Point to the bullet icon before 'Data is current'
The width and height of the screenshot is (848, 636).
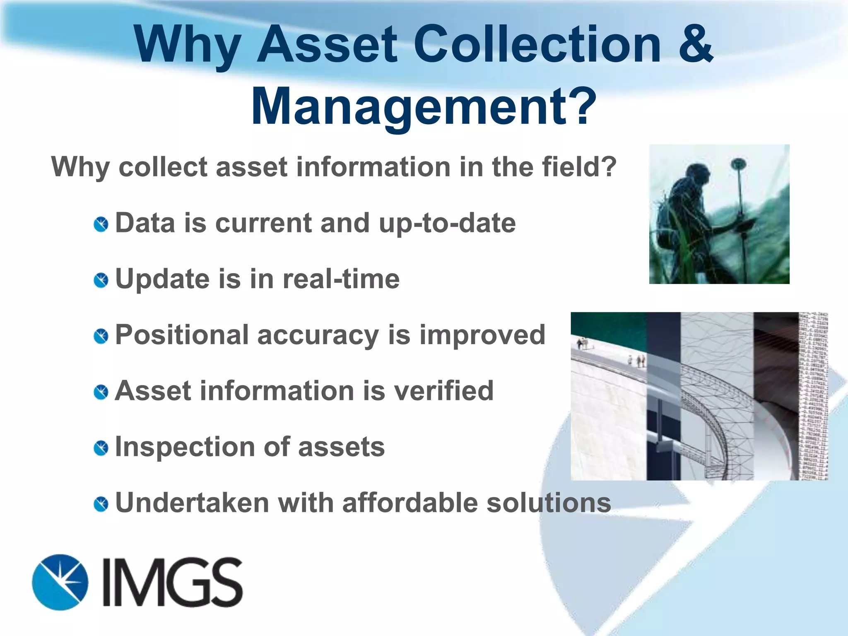tap(101, 224)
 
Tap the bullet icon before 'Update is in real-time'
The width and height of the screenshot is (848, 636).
tap(101, 280)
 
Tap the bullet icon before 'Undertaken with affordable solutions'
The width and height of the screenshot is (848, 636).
tap(101, 504)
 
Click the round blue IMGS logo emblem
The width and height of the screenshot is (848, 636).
tap(60, 582)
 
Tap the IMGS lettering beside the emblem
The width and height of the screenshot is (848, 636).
tap(172, 582)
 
